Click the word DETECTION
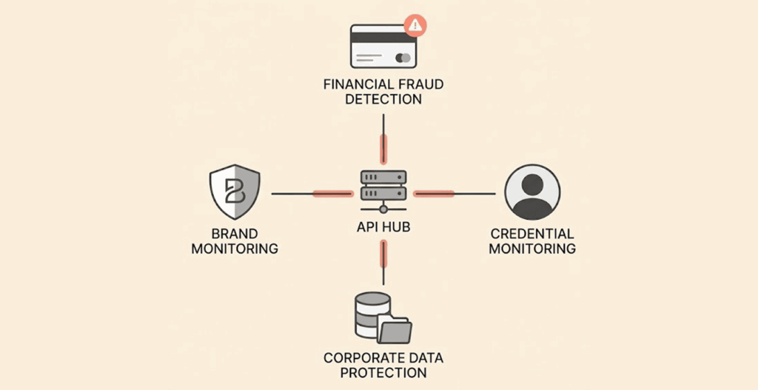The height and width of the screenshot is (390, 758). tap(383, 99)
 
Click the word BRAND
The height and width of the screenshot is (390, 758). tap(235, 233)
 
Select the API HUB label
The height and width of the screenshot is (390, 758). tap(383, 228)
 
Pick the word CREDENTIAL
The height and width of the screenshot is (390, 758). tap(531, 234)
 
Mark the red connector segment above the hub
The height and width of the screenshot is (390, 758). tap(383, 149)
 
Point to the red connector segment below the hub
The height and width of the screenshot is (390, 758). tap(383, 254)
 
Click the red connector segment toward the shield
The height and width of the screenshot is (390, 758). tap(332, 194)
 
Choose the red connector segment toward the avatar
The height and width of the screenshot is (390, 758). tap(434, 194)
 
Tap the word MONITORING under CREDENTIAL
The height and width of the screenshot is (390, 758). tap(531, 249)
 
